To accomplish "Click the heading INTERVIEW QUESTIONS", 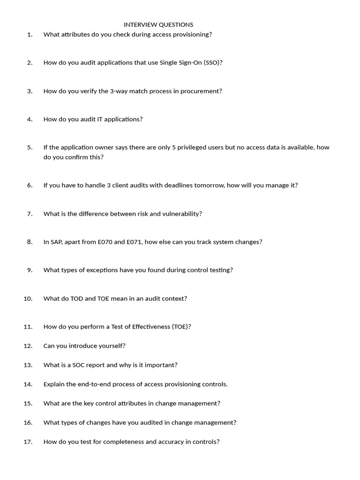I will coord(158,24).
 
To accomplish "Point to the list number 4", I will coord(30,119).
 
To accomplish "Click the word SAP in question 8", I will coord(57,242).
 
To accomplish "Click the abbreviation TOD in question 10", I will coord(76,299).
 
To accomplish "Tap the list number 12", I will coord(28,346).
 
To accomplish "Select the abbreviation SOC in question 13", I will coord(76,365).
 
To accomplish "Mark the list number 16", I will coord(28,422).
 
